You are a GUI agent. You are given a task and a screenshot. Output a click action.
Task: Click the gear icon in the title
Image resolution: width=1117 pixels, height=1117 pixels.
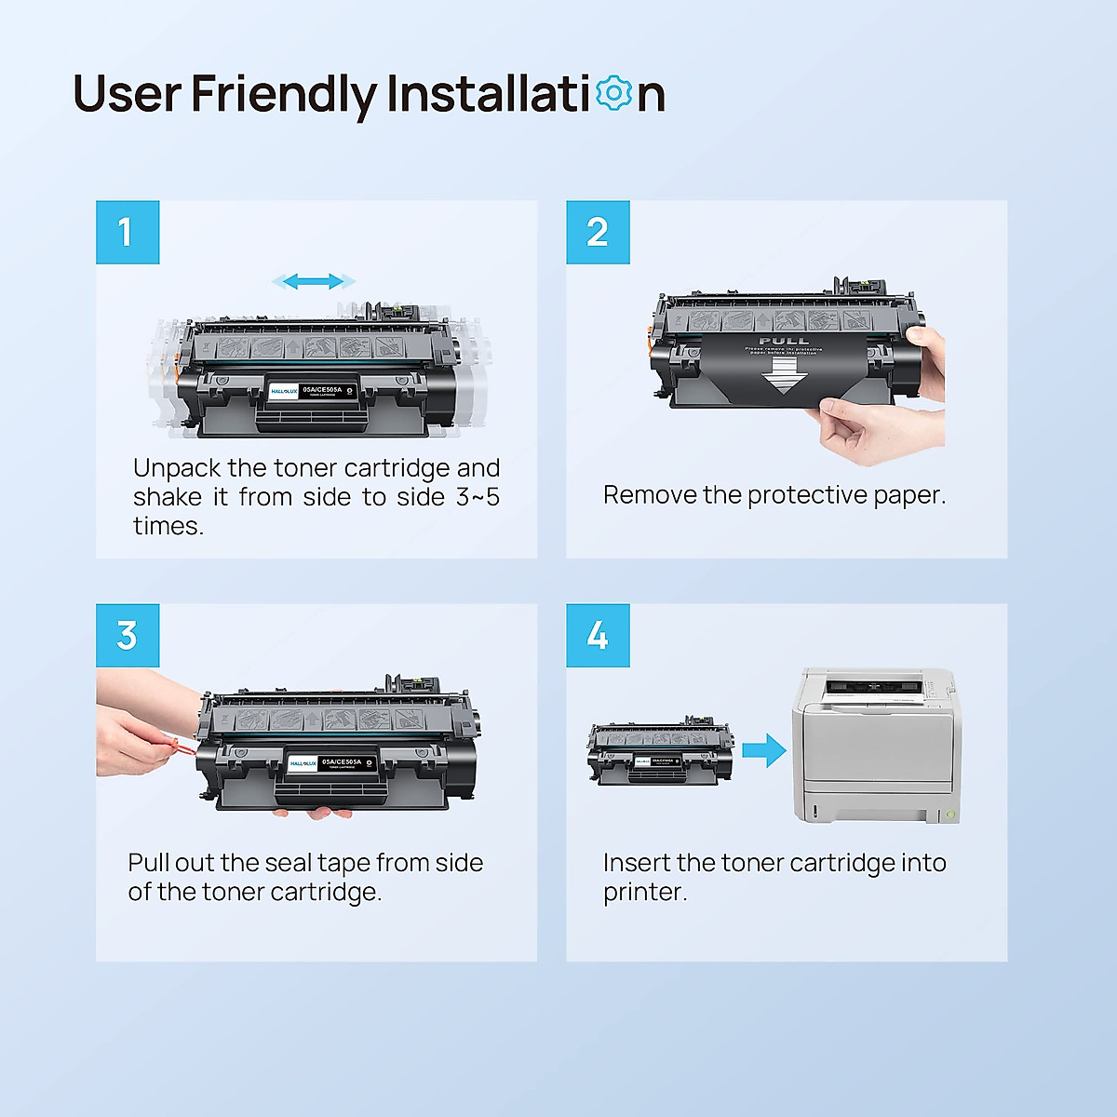pos(613,93)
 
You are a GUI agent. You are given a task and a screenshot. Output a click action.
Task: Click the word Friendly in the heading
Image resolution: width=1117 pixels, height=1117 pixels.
pos(283,95)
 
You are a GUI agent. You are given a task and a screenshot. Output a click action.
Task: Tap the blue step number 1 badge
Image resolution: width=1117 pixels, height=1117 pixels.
pos(128,232)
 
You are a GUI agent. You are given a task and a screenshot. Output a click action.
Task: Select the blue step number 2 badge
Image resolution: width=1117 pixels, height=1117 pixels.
pos(598,232)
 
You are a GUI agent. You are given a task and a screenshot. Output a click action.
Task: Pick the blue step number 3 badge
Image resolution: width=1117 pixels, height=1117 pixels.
pos(128,636)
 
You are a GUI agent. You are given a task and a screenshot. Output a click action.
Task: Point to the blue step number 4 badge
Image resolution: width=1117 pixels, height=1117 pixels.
pos(598,636)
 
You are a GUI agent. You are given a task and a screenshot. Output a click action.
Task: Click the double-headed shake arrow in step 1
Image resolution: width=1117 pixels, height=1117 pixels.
pos(313,281)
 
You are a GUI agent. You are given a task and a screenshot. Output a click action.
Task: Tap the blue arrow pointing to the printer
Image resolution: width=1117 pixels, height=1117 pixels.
pos(764,749)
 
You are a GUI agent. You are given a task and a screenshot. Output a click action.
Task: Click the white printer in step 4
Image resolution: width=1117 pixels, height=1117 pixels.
pos(873,745)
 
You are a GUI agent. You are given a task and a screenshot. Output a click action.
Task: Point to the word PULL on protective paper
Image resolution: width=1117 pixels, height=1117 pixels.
pos(784,341)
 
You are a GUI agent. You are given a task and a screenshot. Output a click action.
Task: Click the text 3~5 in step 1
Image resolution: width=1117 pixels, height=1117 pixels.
pos(478,497)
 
